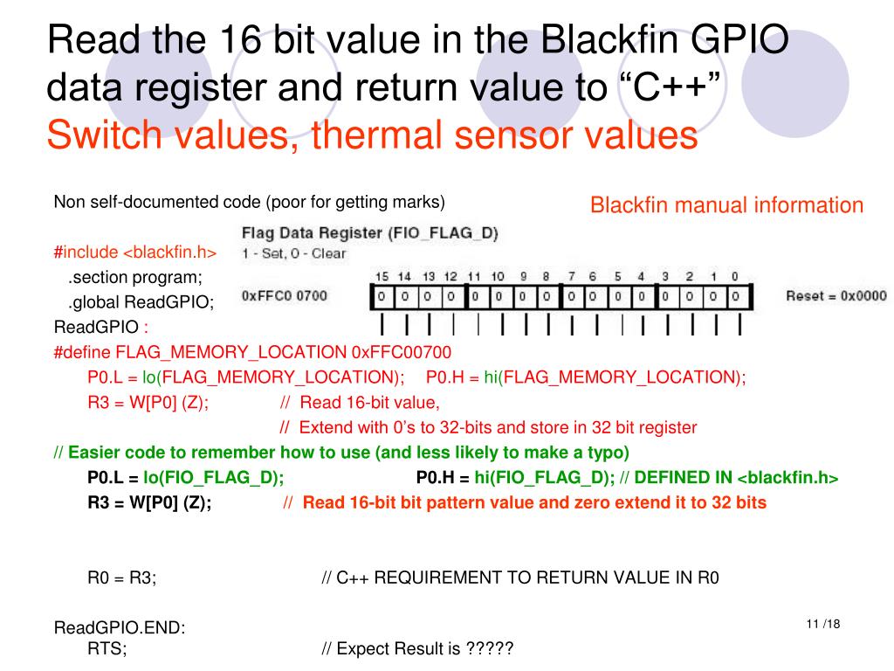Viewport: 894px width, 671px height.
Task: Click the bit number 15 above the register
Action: click(x=382, y=276)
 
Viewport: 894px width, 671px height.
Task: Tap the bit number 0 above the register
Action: click(x=735, y=276)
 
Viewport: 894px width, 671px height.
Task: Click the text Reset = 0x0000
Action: click(x=836, y=295)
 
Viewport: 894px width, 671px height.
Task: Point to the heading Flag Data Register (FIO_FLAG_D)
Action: click(x=369, y=233)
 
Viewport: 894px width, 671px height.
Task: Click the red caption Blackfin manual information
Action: click(x=726, y=205)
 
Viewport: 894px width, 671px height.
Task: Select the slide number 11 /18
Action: click(x=823, y=624)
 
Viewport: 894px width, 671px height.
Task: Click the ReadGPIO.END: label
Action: click(x=120, y=628)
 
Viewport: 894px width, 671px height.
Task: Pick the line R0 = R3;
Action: click(x=122, y=578)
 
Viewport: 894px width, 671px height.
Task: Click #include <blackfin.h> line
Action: click(x=134, y=252)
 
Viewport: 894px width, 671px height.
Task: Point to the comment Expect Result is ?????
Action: click(x=417, y=649)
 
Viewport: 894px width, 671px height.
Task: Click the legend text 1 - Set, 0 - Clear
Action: click(x=293, y=253)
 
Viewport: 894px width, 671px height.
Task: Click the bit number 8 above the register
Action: click(x=545, y=276)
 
